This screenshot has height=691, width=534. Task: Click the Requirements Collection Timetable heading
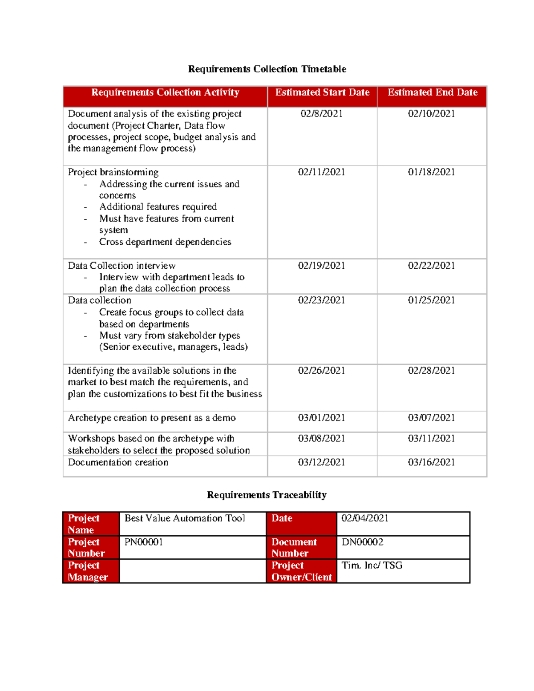[267, 69]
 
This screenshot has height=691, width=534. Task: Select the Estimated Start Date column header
[322, 93]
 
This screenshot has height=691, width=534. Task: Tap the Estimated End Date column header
[432, 93]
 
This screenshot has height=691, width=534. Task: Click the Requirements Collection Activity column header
[165, 93]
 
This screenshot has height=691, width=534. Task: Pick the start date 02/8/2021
[321, 114]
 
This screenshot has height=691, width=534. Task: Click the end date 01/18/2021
[431, 172]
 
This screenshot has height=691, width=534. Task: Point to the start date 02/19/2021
[321, 266]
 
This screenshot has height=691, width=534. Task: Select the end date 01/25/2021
[431, 300]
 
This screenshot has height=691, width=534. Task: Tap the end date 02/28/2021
[431, 371]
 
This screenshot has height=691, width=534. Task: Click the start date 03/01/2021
[321, 418]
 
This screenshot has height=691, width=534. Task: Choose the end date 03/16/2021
[431, 462]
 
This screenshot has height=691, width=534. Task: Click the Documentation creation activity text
[118, 462]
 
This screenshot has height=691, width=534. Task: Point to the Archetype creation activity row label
[152, 418]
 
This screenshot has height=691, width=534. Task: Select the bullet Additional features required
[158, 207]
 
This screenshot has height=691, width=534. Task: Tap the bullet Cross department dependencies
[165, 242]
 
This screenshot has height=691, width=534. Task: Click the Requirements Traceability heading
[267, 495]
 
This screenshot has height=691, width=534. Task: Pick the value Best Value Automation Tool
[185, 518]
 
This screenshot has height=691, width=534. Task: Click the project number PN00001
[144, 542]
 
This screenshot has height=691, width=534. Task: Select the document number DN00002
[362, 542]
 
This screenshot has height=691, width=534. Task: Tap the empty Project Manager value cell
[193, 571]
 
